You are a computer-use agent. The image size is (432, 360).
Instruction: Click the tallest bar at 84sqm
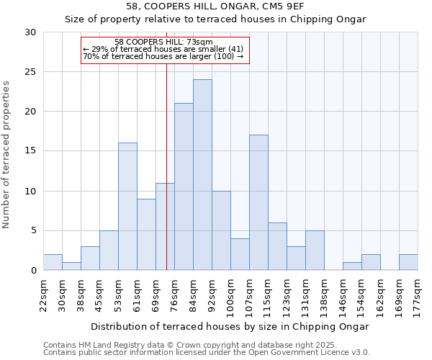[x=202, y=175]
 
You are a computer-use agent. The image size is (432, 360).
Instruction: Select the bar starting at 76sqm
[x=184, y=186]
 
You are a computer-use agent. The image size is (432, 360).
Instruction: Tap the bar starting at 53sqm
[x=127, y=207]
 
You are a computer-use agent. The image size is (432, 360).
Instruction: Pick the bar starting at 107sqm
[x=258, y=202]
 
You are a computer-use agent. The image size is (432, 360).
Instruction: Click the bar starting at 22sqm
[x=53, y=262]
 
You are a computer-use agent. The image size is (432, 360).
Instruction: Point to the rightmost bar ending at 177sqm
[x=408, y=262]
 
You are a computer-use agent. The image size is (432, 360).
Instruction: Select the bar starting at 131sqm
[x=315, y=251]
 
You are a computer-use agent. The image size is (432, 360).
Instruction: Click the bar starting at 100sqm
[x=240, y=254]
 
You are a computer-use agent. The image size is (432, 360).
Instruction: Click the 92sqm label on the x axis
[x=212, y=294]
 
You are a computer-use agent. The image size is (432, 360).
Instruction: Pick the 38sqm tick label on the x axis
[x=81, y=294]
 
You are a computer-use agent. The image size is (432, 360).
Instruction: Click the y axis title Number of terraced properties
[x=7, y=154]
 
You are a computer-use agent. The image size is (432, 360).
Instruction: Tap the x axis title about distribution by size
[x=230, y=326]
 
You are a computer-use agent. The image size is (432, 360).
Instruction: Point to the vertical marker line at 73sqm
[x=166, y=166]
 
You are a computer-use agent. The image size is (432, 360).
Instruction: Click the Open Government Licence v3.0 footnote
[x=207, y=353]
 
